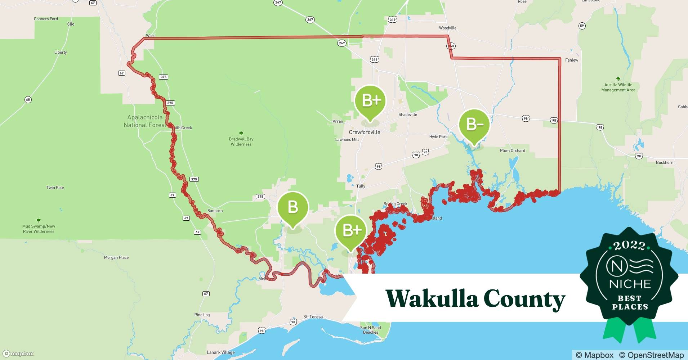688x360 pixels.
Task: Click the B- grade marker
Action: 474,125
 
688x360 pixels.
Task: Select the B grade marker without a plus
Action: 292,207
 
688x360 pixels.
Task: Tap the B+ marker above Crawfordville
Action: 370,100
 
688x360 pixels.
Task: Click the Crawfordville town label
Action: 364,132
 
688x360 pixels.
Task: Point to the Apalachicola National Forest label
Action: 144,121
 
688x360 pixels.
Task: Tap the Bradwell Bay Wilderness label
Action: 241,141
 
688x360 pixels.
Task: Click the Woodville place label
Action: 447,28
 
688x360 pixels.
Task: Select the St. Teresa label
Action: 313,317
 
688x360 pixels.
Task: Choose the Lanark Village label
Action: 220,352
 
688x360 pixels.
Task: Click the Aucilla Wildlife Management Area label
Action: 618,87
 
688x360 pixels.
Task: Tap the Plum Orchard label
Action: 512,150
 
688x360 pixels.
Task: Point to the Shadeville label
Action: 407,114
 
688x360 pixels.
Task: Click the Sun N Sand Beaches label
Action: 370,330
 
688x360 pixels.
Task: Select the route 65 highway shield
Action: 28,100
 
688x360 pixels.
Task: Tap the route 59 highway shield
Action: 582,26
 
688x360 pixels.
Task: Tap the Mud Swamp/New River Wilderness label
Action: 39,229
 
